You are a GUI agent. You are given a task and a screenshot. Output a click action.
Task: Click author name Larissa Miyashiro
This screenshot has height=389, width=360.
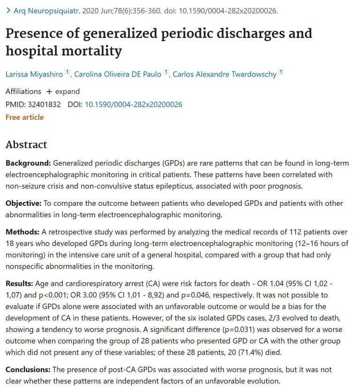click(34, 74)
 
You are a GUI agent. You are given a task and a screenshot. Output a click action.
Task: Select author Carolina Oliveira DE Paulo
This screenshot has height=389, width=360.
click(118, 74)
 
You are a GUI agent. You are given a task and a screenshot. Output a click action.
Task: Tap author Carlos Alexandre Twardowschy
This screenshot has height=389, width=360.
click(225, 74)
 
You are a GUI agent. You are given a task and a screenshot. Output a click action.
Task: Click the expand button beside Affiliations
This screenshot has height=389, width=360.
click(63, 91)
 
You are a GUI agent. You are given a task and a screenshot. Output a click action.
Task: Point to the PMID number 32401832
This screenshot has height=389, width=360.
click(44, 104)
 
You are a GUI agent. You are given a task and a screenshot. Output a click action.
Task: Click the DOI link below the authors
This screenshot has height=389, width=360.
click(133, 104)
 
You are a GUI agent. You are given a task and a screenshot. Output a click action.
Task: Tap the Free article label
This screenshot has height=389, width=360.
click(24, 117)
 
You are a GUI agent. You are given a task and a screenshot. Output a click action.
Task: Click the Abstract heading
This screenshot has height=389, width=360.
click(26, 144)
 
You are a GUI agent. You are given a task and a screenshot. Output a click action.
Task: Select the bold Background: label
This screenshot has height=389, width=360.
click(28, 163)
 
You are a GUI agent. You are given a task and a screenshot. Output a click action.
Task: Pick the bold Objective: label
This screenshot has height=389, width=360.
click(23, 203)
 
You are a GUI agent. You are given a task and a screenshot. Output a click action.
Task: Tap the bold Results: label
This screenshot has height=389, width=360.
click(20, 284)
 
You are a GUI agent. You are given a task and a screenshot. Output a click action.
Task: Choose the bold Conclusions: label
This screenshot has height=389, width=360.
click(29, 369)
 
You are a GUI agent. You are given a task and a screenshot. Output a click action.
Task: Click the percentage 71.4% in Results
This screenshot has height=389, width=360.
click(179, 352)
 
